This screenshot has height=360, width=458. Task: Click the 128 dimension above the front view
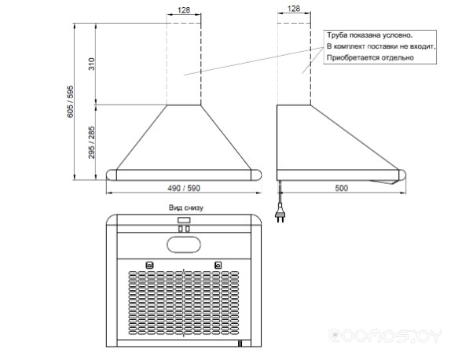(184, 10)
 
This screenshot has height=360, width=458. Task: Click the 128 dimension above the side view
(294, 9)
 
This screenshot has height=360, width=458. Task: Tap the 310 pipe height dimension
(92, 64)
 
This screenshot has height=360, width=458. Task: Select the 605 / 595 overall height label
(71, 101)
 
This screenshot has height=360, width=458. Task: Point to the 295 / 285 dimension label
(92, 142)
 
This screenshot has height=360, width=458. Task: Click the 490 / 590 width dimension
(184, 188)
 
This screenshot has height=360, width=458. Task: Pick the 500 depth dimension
(341, 188)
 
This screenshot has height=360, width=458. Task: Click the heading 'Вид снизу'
(185, 208)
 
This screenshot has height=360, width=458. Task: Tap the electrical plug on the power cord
(280, 215)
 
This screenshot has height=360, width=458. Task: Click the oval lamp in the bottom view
(184, 244)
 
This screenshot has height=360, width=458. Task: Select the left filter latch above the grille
(149, 266)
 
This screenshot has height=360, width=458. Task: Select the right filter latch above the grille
(218, 266)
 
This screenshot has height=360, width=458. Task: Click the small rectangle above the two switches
(184, 220)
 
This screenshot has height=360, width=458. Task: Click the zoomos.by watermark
(385, 336)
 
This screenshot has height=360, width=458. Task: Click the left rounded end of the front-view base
(112, 175)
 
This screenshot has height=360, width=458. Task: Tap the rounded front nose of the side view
(402, 175)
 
